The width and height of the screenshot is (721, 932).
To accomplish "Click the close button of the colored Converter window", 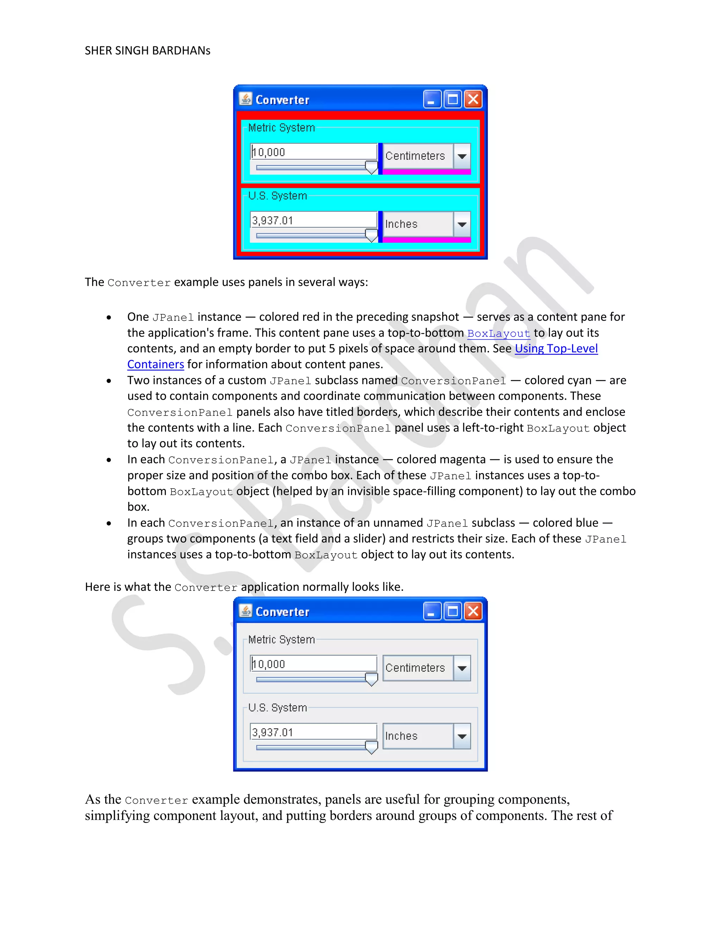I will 473,100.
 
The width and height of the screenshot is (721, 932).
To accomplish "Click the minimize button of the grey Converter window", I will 432,612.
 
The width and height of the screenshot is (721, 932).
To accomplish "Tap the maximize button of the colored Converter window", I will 453,100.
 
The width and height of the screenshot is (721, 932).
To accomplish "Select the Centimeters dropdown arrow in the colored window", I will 462,156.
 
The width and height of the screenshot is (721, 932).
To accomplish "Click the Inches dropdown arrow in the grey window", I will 462,736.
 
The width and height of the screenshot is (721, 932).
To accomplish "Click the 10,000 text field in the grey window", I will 314,664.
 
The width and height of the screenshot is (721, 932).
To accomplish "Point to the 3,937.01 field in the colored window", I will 314,220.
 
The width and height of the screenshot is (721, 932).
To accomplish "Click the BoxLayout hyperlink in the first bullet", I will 499,333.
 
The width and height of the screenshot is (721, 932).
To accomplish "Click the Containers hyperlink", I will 156,364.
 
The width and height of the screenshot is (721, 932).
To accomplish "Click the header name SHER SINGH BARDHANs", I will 148,51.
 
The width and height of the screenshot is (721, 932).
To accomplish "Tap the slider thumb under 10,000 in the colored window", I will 371,167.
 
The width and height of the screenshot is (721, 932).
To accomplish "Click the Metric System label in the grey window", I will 282,639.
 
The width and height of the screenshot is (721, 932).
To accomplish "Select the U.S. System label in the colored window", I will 278,196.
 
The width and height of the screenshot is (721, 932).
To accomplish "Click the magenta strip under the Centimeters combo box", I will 426,172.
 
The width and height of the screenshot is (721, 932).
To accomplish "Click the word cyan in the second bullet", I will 579,381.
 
